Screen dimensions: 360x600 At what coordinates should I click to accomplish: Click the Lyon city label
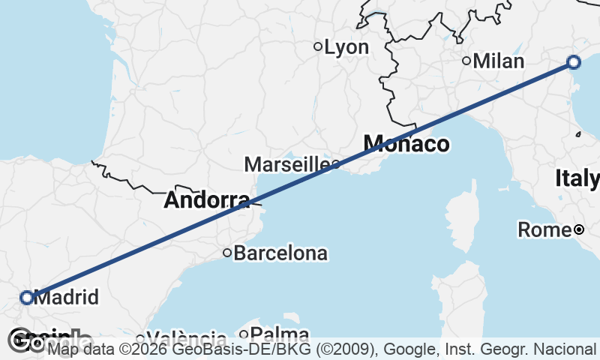pos(346,47)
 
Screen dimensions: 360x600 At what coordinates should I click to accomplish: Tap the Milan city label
pos(498,61)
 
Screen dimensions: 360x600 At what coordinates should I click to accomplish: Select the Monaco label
pos(406,144)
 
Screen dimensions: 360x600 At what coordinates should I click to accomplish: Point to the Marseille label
pos(287,164)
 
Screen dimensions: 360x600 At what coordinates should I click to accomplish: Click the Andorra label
pos(206,200)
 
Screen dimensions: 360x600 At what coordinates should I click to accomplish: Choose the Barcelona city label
pos(280,253)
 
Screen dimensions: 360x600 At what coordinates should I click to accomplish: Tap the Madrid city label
pos(67,298)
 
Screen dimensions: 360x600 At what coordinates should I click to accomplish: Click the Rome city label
pos(545,229)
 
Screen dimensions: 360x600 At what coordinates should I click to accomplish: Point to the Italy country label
pos(577,178)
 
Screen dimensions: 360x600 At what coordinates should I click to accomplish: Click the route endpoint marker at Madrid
pos(27,298)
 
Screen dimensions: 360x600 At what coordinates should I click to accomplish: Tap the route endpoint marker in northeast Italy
pos(574,62)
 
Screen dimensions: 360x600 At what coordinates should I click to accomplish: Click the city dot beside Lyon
pos(318,46)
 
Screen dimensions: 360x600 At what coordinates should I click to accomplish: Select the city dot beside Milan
pos(466,61)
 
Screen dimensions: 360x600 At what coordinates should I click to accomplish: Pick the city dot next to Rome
pos(579,229)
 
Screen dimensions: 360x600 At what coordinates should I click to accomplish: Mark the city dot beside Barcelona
pos(227,253)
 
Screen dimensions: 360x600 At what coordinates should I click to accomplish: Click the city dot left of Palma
pos(244,334)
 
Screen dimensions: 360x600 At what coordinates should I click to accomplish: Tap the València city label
pos(187,338)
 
